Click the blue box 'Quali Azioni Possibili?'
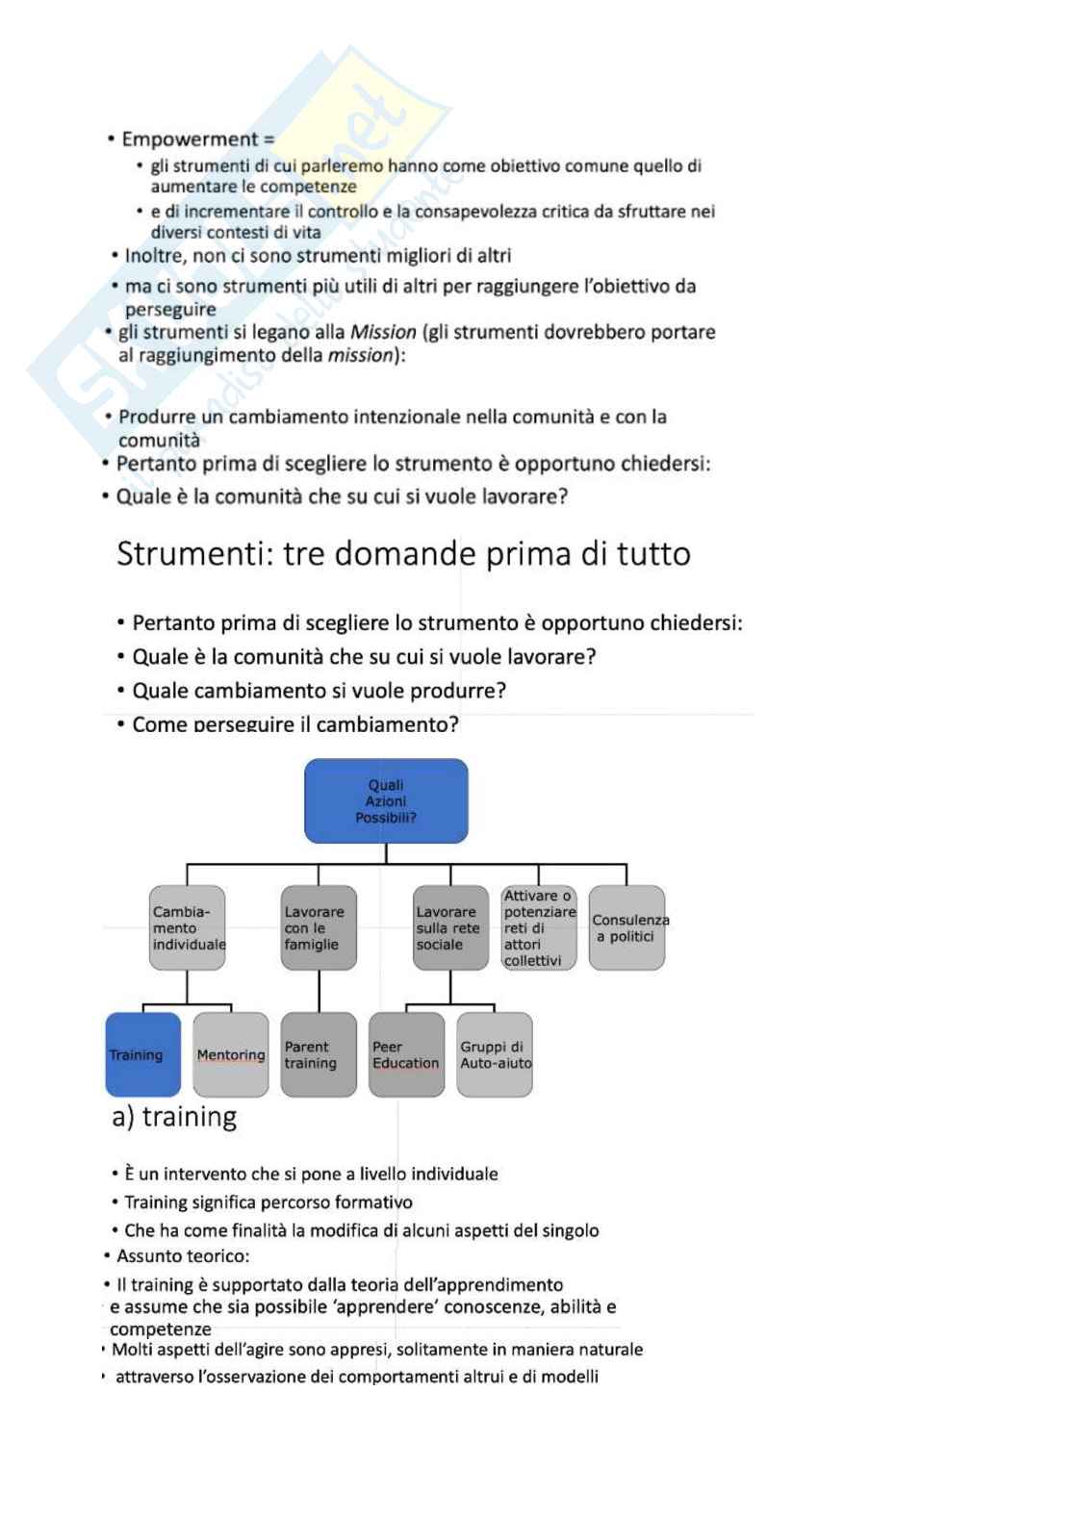coord(385,800)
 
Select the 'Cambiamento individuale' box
coord(188,927)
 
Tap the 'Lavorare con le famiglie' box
coord(319,927)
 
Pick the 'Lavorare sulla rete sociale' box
coord(450,927)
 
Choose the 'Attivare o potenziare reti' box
coord(539,927)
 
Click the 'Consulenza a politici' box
coord(626,927)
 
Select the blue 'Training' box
coord(143,1054)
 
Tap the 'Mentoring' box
coord(231,1054)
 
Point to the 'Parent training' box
coord(319,1054)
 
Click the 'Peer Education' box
coord(406,1054)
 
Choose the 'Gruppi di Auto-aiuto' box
coord(495,1054)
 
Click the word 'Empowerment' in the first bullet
coord(190,139)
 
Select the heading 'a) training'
coord(174,1117)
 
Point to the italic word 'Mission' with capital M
coord(383,332)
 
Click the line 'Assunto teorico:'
coord(183,1255)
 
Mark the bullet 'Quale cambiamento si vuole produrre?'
coord(319,691)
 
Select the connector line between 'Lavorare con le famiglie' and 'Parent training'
coord(319,992)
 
